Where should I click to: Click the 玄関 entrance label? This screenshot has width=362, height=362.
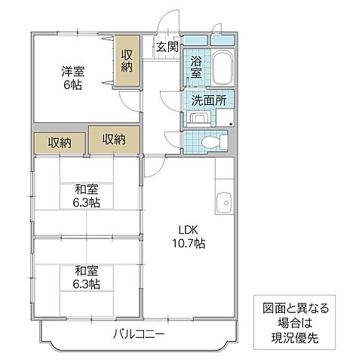(167, 48)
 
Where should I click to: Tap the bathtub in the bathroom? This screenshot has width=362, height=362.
(221, 71)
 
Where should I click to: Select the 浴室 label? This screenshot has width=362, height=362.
(196, 68)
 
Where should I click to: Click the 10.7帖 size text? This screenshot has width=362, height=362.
(188, 244)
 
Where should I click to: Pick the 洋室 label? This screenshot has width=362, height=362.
(72, 71)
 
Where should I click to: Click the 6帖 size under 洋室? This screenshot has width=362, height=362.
(72, 85)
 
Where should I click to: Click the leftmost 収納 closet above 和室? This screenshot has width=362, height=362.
(60, 143)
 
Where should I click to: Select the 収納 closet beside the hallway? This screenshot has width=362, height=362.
(114, 139)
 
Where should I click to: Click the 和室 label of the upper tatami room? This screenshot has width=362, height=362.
(85, 189)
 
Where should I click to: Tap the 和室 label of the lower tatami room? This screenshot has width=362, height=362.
(85, 270)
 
